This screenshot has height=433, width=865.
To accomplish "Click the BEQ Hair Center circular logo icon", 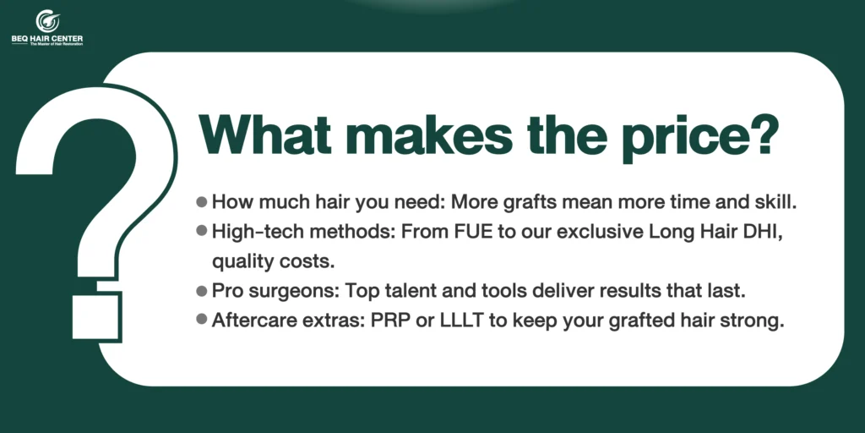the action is tap(47, 21).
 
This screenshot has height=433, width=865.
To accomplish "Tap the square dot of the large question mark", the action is tap(96, 316).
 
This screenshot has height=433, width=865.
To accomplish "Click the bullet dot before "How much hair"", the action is tap(202, 201).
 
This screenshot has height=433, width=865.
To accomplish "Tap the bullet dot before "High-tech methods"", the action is tap(202, 231).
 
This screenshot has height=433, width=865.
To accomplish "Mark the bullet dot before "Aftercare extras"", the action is tap(202, 320).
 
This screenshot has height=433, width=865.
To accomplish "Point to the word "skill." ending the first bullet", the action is tap(776, 201).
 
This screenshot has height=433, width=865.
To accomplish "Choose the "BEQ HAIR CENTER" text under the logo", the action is tap(47, 39).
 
